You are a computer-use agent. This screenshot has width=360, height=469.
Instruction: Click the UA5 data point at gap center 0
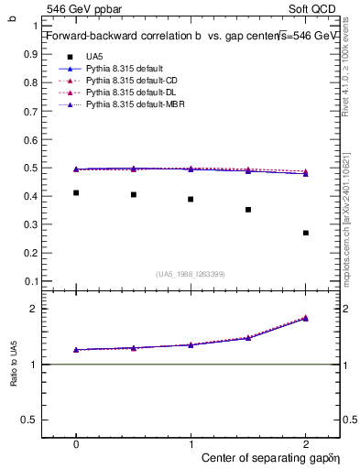76,192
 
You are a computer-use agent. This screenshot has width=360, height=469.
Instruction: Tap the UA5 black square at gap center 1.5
248,210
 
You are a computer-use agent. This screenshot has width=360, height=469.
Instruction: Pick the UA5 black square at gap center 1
191,199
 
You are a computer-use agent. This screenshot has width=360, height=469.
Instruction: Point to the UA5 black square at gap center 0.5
134,194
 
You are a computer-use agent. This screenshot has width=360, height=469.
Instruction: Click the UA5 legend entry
96,57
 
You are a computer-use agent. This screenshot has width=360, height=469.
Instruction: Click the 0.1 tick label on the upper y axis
30,281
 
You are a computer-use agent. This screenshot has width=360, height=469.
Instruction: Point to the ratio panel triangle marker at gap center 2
306,318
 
